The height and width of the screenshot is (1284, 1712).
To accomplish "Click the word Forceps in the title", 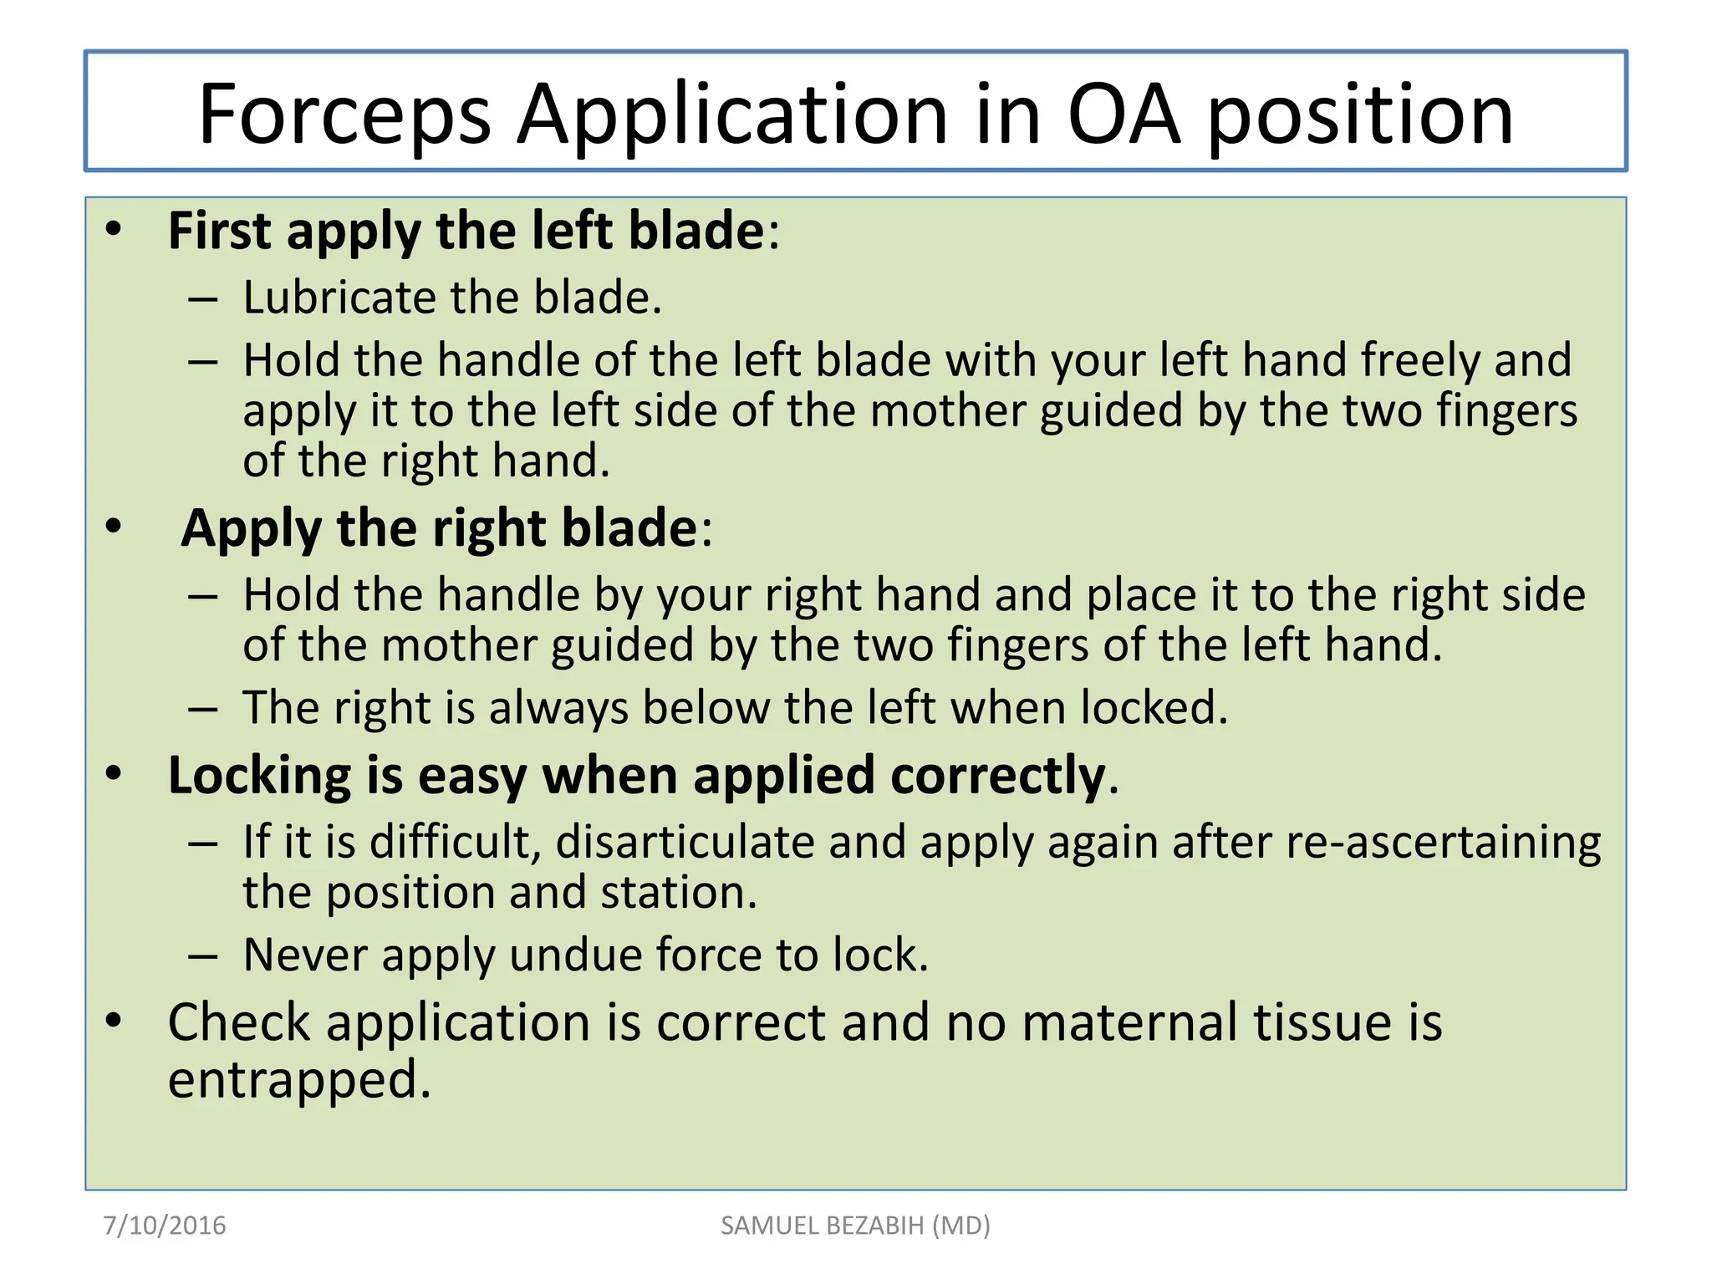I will [x=344, y=115].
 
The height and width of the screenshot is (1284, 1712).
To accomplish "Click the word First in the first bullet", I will [x=219, y=231].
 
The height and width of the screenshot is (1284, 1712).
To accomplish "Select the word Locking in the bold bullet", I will [x=259, y=777].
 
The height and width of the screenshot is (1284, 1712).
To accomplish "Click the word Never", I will [x=305, y=955].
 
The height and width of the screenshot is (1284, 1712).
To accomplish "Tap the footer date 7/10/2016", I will [x=165, y=1225].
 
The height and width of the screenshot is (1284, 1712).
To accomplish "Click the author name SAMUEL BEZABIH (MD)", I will [x=855, y=1225].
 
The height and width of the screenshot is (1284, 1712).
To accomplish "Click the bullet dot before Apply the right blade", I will [x=114, y=527].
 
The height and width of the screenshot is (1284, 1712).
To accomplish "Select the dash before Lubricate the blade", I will [x=203, y=299].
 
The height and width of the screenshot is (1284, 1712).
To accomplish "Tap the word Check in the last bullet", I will [x=239, y=1022].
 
